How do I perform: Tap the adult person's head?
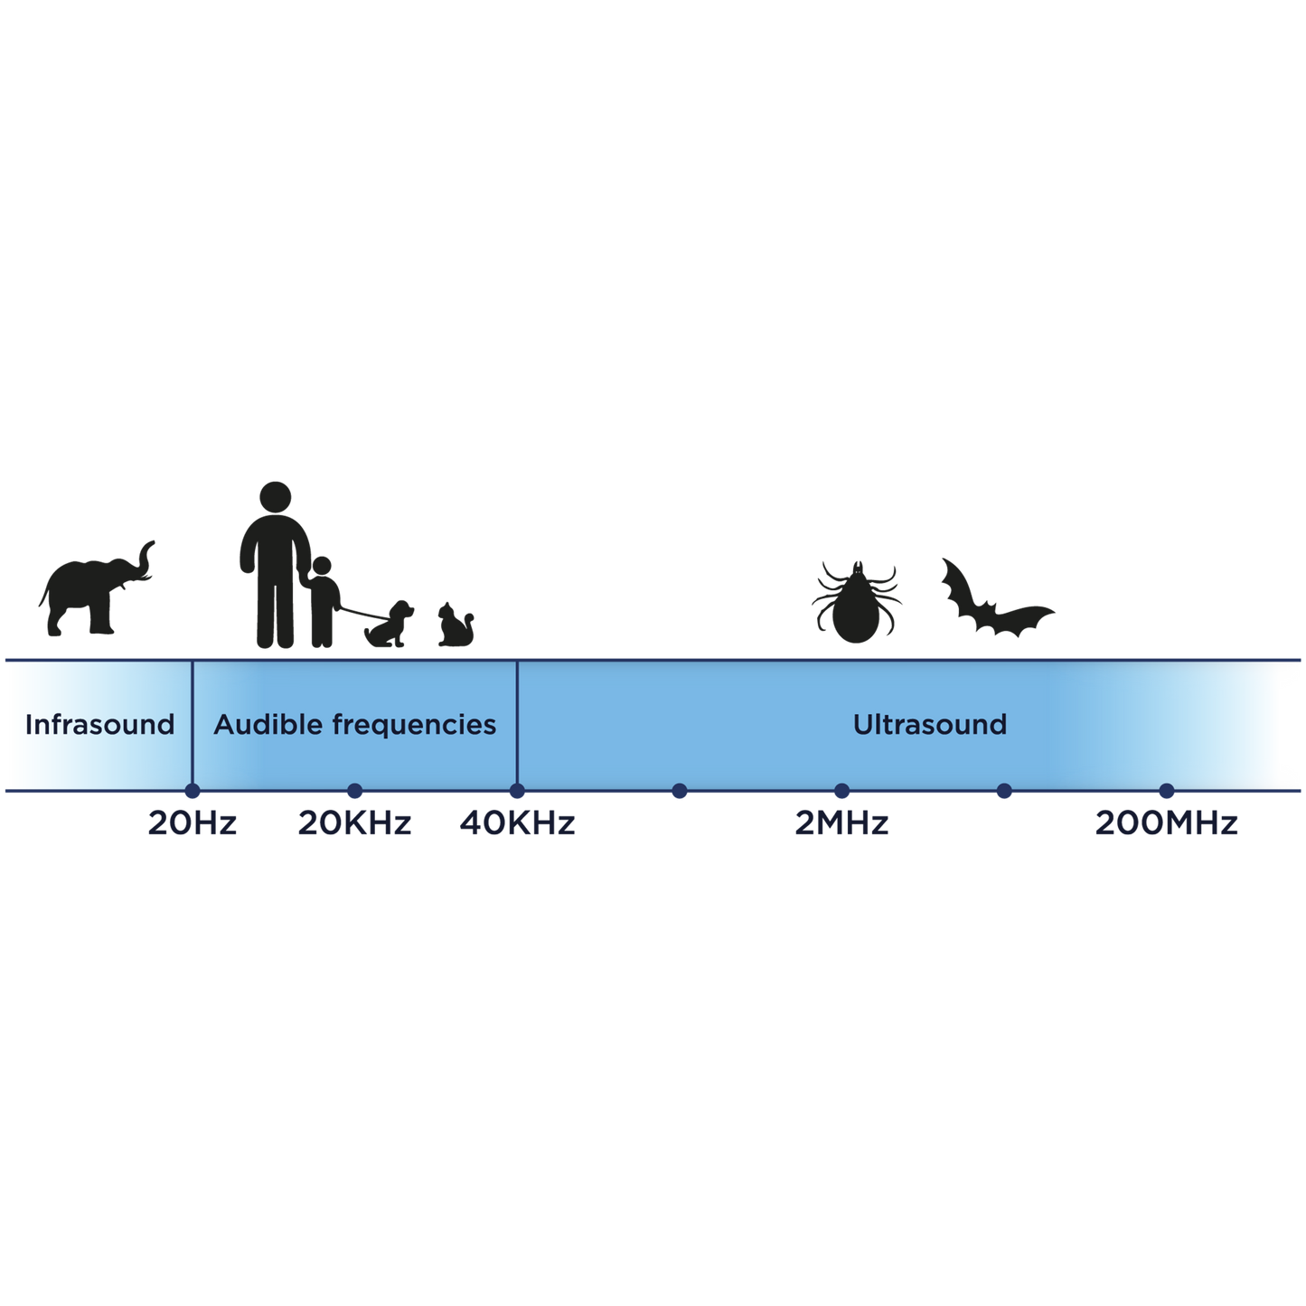click(x=275, y=497)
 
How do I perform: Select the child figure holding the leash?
click(x=324, y=602)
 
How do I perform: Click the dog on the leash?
click(x=390, y=625)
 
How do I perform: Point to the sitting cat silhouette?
click(x=456, y=625)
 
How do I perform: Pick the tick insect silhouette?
click(x=856, y=602)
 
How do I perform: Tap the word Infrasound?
click(x=99, y=725)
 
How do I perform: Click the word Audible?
click(x=268, y=725)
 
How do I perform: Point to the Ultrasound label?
click(x=930, y=725)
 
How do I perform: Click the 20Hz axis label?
click(x=193, y=823)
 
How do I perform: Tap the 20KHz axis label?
click(x=354, y=823)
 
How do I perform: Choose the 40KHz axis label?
click(x=517, y=823)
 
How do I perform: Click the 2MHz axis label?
click(x=841, y=823)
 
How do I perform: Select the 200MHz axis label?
click(x=1167, y=823)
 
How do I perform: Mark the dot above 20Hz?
click(x=193, y=790)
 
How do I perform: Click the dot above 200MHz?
click(x=1167, y=790)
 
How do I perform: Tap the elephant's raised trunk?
click(x=144, y=561)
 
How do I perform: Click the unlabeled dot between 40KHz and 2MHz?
click(x=680, y=790)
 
